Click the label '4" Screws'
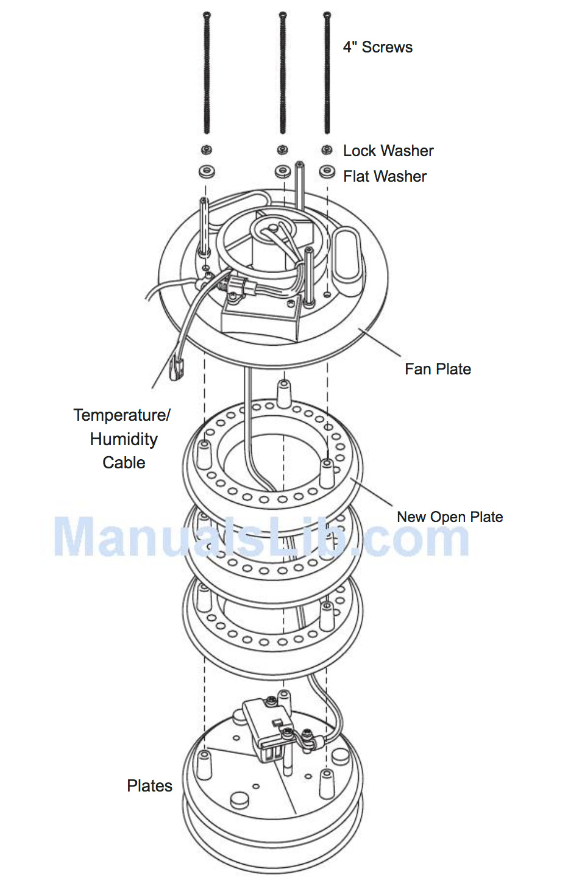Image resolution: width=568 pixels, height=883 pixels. click(x=377, y=48)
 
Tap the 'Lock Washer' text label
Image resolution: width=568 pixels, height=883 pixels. click(x=388, y=151)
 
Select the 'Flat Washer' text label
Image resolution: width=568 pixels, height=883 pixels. click(x=385, y=176)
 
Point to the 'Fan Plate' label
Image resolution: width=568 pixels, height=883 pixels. click(x=438, y=369)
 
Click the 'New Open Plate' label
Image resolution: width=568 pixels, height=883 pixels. click(x=450, y=517)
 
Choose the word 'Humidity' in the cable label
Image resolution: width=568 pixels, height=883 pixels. click(x=124, y=439)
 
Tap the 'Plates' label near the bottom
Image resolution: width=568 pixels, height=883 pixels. click(x=149, y=785)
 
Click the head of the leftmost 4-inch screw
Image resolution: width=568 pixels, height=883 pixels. click(x=207, y=16)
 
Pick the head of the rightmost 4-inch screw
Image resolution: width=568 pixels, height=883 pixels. click(x=327, y=16)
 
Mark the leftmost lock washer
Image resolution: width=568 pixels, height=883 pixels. click(x=207, y=150)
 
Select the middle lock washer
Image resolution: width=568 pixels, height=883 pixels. click(x=282, y=150)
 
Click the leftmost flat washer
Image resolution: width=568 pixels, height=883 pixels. click(x=207, y=172)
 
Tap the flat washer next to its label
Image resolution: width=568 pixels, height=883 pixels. click(x=327, y=172)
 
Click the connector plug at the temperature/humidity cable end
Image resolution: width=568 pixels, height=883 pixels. click(x=177, y=368)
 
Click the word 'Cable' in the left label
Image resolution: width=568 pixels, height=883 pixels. click(x=124, y=462)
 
